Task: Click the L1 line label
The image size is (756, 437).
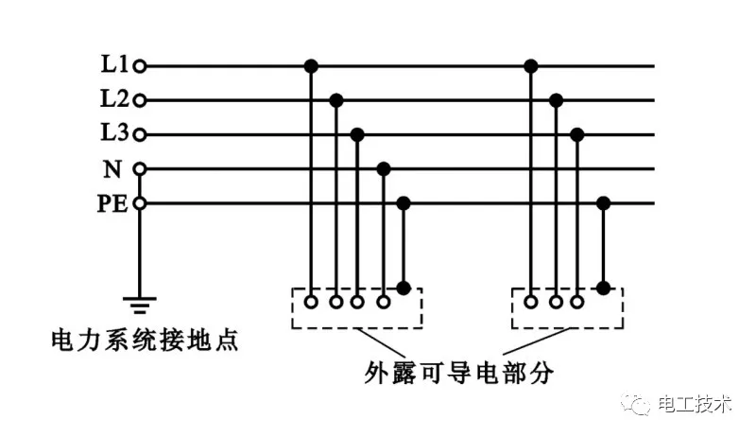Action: tap(114, 66)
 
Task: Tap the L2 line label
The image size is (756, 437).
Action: tap(114, 99)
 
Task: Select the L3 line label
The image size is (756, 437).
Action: tap(114, 133)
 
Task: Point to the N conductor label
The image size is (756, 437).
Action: tap(112, 168)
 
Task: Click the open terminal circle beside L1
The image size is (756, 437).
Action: tap(140, 66)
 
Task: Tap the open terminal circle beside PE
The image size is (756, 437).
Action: tap(140, 202)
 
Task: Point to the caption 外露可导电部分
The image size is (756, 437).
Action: tap(458, 372)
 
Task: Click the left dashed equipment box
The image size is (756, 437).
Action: tap(357, 308)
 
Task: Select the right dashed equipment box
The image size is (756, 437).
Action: tap(567, 308)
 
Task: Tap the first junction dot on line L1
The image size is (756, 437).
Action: tap(311, 66)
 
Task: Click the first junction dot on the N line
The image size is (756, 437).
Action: tap(383, 168)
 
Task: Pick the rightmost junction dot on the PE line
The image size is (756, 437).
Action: tap(604, 202)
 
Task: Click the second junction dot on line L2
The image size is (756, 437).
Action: tap(557, 99)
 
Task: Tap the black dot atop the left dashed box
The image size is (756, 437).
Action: tap(404, 288)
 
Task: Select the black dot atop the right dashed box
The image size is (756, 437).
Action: tap(604, 288)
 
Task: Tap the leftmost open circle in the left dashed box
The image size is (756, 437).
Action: tap(311, 303)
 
